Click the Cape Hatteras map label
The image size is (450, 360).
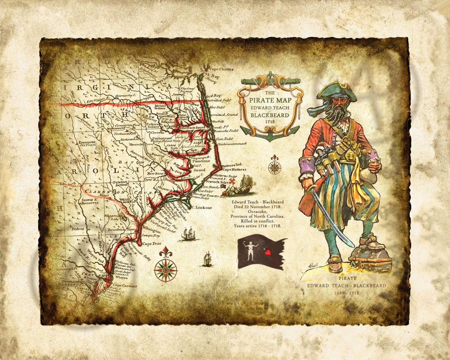(x=234, y=170)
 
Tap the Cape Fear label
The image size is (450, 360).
(x=152, y=243)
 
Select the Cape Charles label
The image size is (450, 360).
(x=221, y=69)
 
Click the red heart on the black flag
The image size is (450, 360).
(x=267, y=251)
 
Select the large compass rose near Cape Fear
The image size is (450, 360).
(x=166, y=267)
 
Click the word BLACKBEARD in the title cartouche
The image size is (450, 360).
(x=269, y=115)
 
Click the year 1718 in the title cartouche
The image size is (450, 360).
(x=269, y=121)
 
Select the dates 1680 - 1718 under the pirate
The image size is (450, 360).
(x=347, y=293)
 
